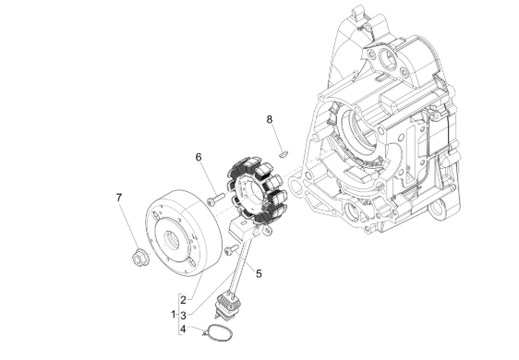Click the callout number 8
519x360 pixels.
tap(270, 119)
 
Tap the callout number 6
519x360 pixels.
tap(199, 157)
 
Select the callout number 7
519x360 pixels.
tap(119, 198)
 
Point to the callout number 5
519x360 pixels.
tap(259, 273)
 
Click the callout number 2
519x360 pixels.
tap(183, 300)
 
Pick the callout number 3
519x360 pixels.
tap(183, 315)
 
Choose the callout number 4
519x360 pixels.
tap(183, 330)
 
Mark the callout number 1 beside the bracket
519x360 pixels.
tap(173, 314)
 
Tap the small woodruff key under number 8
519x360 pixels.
tap(284, 153)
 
